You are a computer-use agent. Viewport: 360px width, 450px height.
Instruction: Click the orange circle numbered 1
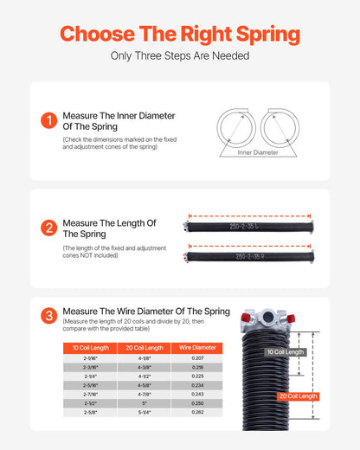(x=48, y=121)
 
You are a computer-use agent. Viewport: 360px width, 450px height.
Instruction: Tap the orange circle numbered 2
(x=48, y=228)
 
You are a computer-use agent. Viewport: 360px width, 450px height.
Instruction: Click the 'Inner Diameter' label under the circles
(x=255, y=152)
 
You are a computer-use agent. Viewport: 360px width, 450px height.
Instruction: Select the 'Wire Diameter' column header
(x=196, y=347)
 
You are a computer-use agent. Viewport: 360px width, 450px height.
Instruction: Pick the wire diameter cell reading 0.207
(x=196, y=357)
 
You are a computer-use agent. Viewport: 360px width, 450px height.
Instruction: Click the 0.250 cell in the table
(x=196, y=402)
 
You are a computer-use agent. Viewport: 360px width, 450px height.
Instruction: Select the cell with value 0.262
(x=196, y=413)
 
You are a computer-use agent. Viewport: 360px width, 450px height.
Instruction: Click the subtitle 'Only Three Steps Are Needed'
(x=180, y=56)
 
